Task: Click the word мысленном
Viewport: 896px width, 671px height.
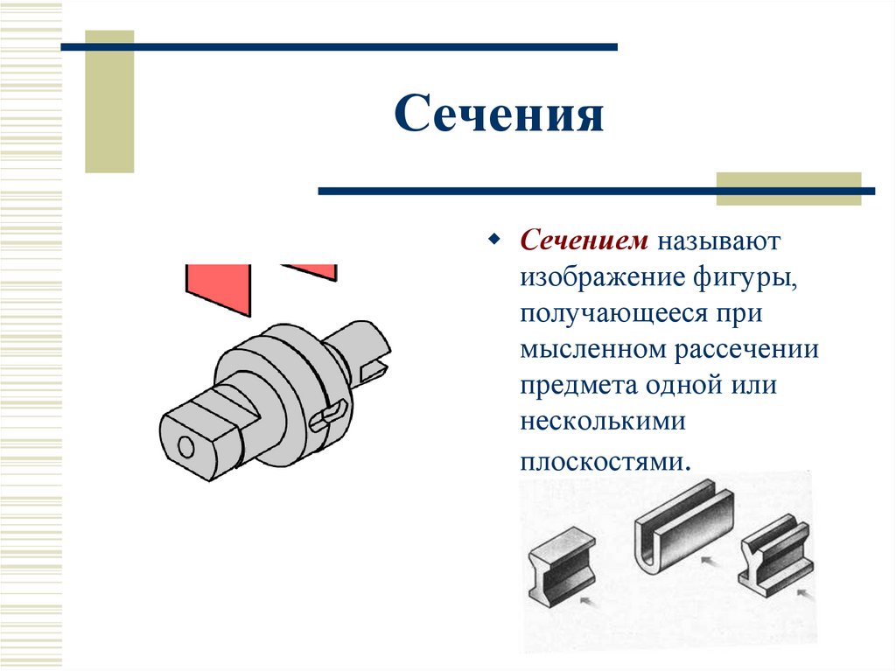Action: tap(592, 350)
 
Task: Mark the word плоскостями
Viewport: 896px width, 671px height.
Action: tap(599, 461)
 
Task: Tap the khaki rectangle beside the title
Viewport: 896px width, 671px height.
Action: tap(109, 101)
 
